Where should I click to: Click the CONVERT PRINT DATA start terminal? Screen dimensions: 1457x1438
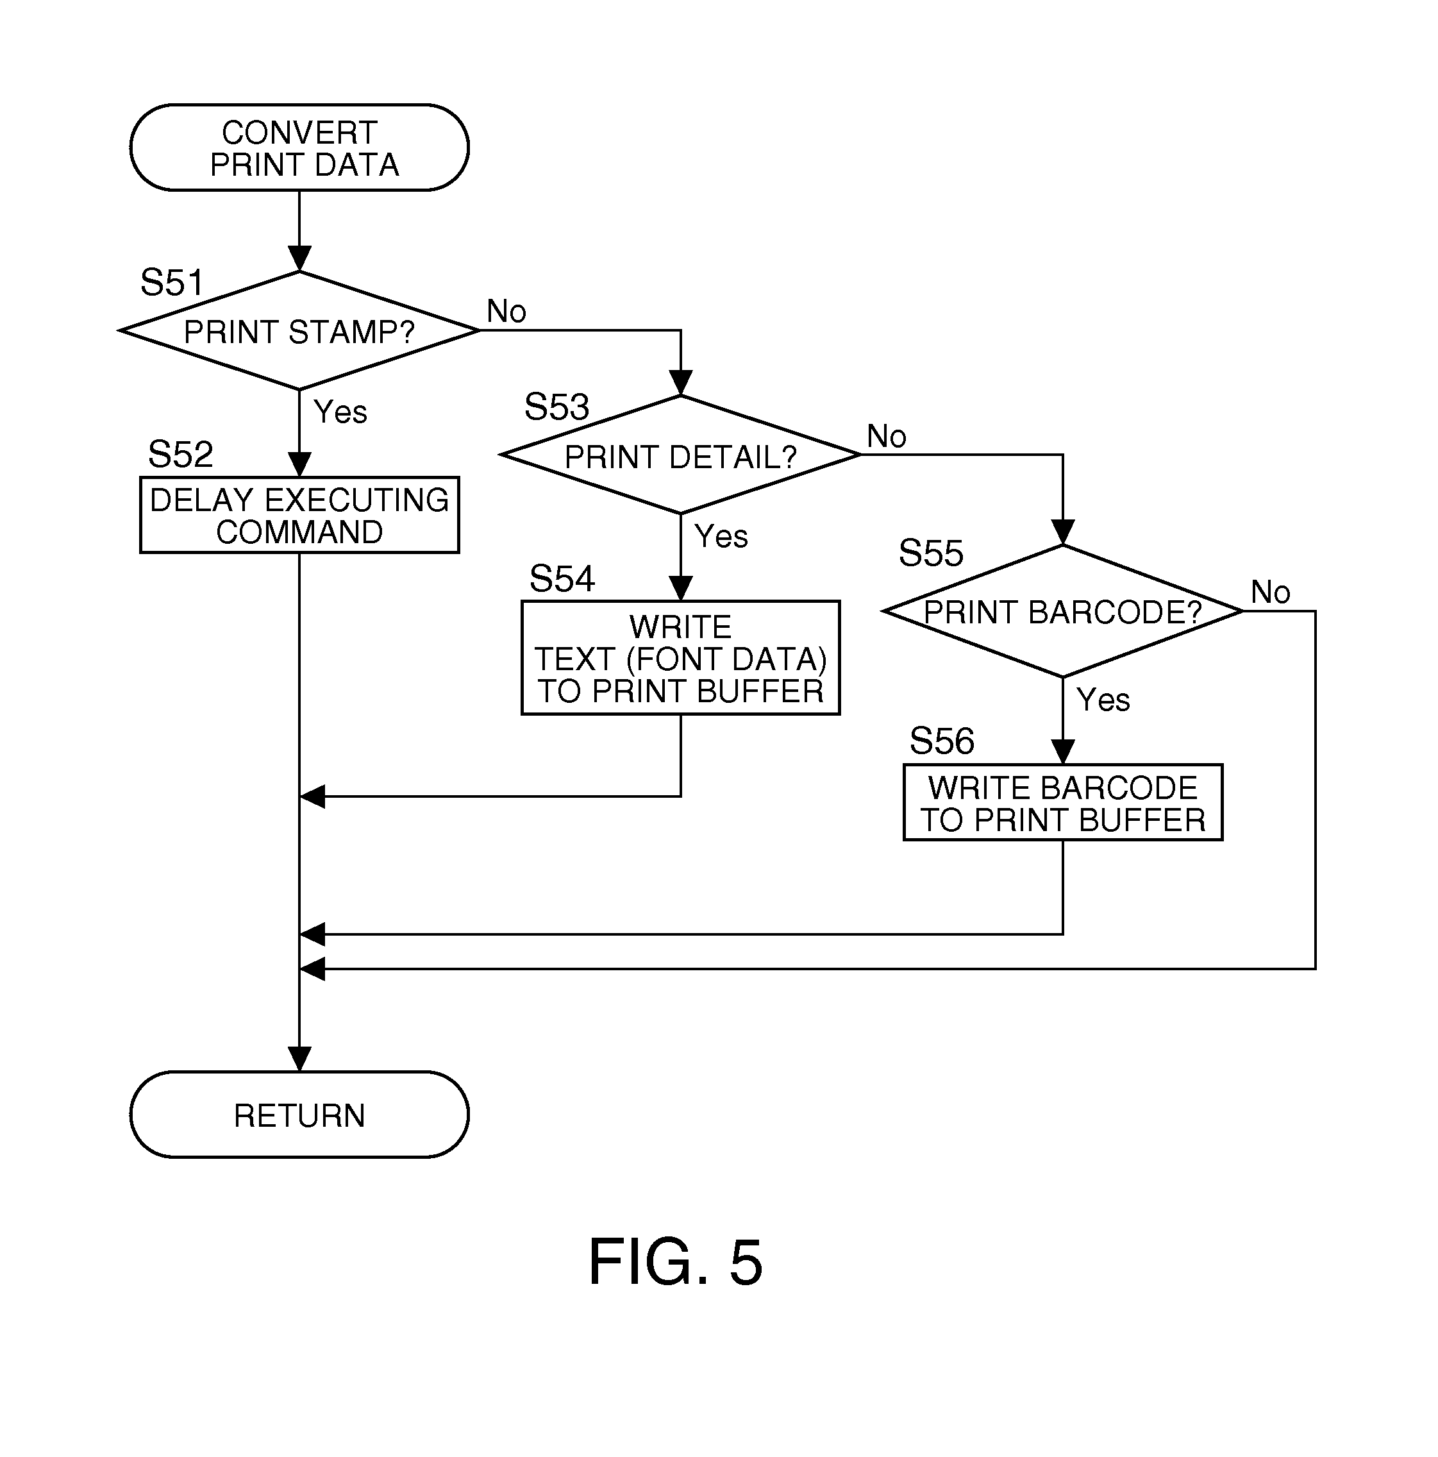(299, 147)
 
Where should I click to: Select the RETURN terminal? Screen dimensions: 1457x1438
(299, 1115)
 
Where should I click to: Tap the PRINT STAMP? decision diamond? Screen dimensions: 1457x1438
(299, 331)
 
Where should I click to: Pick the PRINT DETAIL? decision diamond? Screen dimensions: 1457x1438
(680, 455)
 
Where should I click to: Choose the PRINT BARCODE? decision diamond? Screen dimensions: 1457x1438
(1062, 611)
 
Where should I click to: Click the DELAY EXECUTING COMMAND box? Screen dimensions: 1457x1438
(299, 515)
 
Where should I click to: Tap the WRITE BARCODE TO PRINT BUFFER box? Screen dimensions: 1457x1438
(1062, 802)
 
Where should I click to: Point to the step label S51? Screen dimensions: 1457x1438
(172, 283)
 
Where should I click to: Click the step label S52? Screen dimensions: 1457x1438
(180, 454)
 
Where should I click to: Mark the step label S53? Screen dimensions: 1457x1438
(556, 407)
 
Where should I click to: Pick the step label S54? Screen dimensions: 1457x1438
(562, 578)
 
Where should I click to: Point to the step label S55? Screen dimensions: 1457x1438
(930, 553)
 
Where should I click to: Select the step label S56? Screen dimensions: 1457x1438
(941, 741)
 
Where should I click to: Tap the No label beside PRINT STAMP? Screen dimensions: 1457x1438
(506, 311)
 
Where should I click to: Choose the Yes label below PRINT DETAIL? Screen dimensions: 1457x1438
(721, 536)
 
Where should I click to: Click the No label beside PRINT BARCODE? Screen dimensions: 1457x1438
(1270, 592)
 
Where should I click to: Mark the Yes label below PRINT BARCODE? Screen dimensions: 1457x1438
(1103, 700)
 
